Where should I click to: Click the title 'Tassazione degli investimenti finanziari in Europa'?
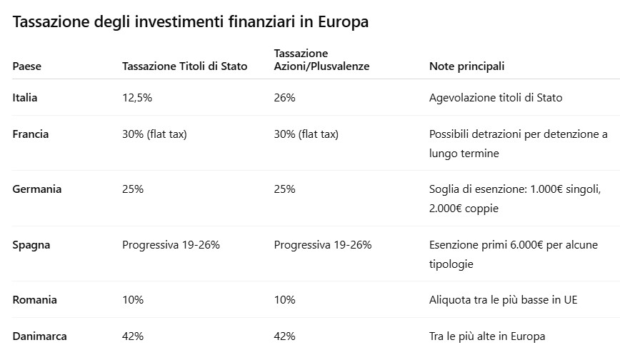point(191,22)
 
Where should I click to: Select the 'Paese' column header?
point(27,66)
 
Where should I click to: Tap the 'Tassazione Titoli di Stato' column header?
point(185,66)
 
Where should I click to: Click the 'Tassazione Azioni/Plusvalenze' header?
point(321,60)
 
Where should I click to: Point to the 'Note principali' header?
point(466,66)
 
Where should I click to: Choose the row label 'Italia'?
point(25,97)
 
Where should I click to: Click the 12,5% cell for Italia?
point(137,97)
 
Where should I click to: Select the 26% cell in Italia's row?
point(284,97)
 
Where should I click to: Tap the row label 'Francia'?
point(31,134)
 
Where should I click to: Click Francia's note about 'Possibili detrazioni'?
point(518,143)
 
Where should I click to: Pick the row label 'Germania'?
point(37,189)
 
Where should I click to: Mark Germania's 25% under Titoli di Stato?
point(133,189)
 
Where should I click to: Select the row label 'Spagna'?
point(31,245)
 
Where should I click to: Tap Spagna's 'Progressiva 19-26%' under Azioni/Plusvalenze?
point(323,245)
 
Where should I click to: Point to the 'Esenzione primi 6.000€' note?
point(514,254)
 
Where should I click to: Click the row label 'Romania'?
point(34,300)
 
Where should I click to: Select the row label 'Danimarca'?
point(40,336)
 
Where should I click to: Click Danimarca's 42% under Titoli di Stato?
point(133,336)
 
